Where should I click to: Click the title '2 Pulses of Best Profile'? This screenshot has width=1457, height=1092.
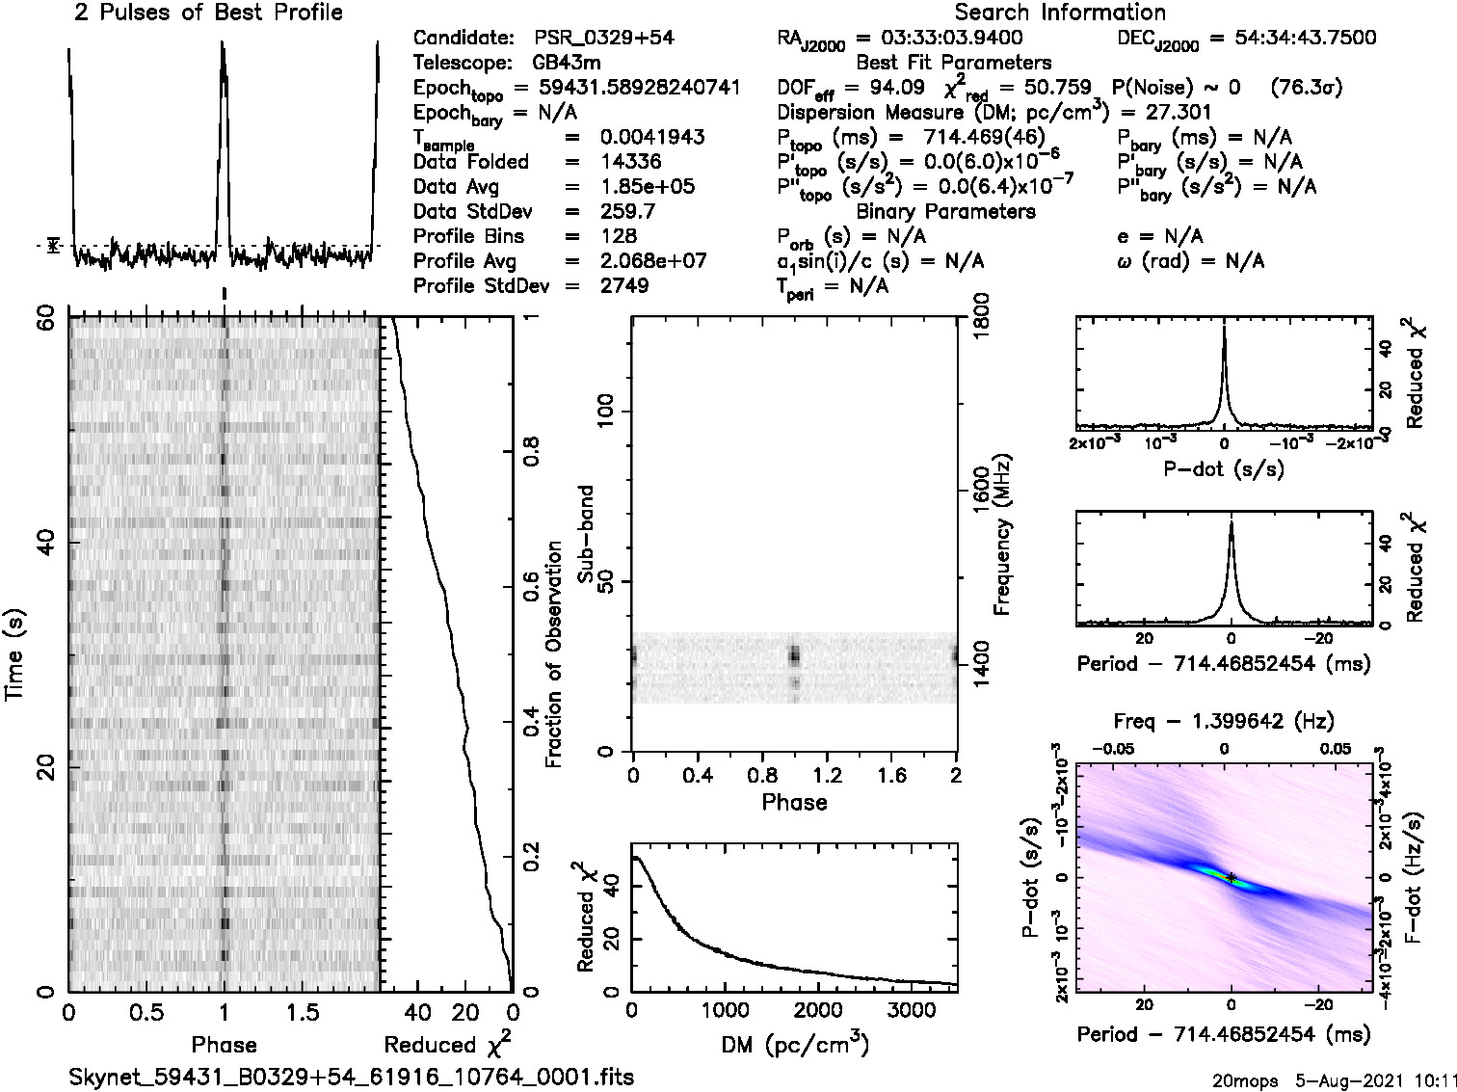point(208,13)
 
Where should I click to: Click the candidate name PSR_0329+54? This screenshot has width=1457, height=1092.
point(604,39)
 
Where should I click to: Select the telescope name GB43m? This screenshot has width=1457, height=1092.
point(567,64)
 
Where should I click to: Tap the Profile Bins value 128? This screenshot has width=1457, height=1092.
point(618,237)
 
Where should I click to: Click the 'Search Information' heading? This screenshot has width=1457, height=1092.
point(1060,13)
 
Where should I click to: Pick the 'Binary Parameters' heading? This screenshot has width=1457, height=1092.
point(945,212)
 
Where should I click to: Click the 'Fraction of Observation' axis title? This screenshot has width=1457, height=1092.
point(554,653)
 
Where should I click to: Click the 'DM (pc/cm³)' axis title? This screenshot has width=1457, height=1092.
point(794,1044)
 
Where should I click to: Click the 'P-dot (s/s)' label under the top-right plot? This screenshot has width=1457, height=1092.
point(1224,469)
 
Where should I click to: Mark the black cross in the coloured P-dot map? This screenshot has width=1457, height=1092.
point(1231,877)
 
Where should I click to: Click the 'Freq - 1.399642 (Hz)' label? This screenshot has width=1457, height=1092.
point(1224,721)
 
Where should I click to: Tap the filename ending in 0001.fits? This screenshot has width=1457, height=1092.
point(352,1077)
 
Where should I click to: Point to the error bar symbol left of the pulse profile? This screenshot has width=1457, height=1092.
point(54,246)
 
